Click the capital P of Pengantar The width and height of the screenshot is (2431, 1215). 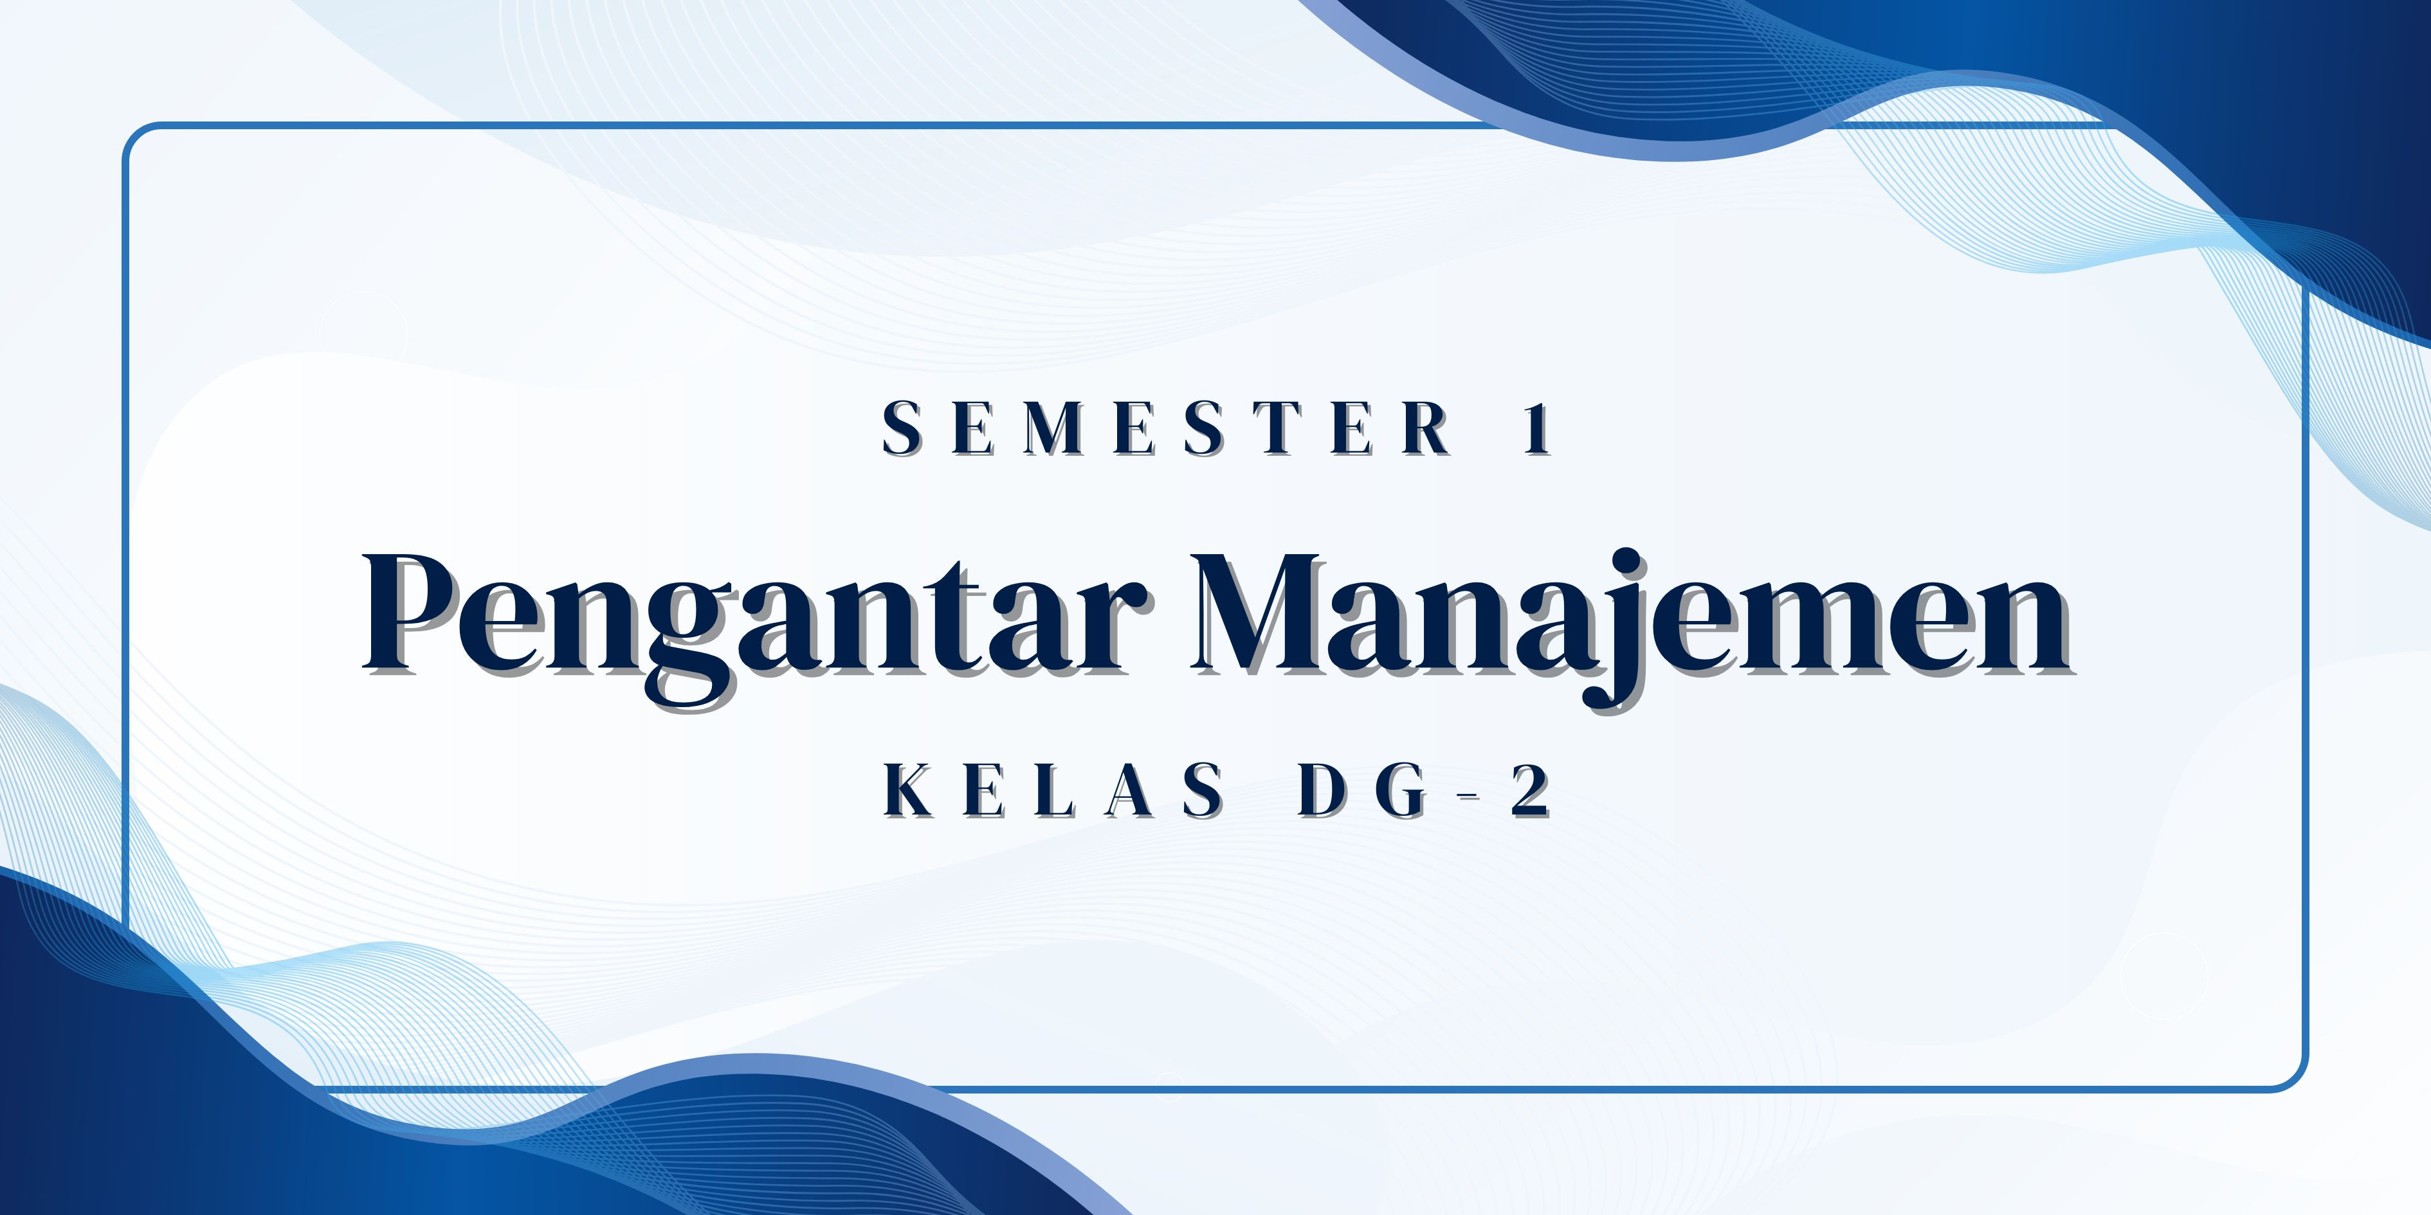[415, 613]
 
